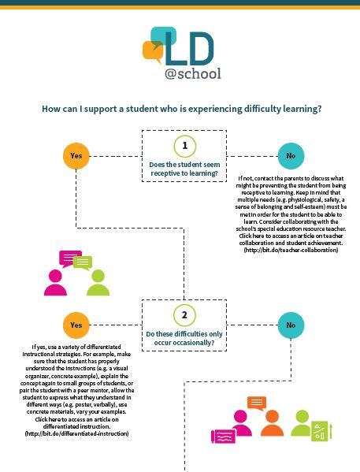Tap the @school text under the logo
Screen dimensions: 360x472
[193, 73]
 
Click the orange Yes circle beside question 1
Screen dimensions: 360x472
[76, 155]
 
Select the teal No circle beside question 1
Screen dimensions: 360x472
[290, 155]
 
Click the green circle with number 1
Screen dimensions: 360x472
[184, 145]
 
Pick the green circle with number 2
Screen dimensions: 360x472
[184, 315]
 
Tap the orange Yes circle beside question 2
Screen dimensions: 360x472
[76, 325]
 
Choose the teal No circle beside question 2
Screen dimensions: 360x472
[290, 325]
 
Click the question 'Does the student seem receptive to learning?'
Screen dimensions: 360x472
[184, 168]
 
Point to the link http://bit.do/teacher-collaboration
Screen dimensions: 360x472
[291, 250]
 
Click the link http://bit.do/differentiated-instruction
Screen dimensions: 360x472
[76, 433]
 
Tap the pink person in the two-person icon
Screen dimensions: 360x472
[56, 281]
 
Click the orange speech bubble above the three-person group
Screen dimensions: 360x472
[257, 403]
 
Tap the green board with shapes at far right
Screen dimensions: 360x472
[325, 431]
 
